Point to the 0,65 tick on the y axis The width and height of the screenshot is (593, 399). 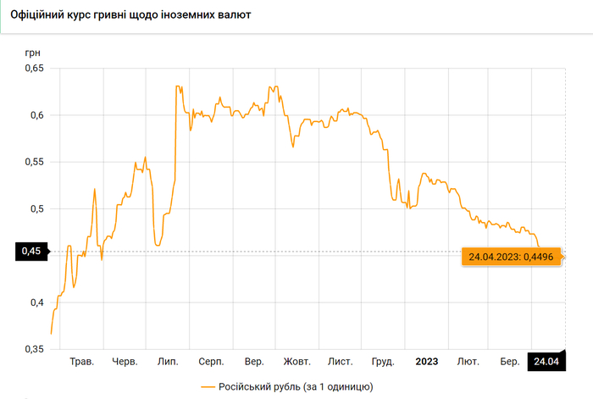coord(33,68)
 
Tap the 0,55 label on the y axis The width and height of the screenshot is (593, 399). coord(33,162)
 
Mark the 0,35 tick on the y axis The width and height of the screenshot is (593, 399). coord(33,349)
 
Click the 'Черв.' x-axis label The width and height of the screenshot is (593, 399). coord(125,363)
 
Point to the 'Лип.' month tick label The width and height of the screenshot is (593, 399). coord(167,363)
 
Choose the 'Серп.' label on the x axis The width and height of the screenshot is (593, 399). coord(211,363)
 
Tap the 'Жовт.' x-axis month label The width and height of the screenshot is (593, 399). coord(296,363)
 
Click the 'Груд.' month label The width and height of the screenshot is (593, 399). coord(383,363)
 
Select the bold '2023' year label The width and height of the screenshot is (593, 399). coord(426,363)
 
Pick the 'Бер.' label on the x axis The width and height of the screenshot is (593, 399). coord(510,363)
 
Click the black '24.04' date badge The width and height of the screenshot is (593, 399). coord(546,363)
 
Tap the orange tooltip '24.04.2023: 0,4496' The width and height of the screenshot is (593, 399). coord(512,257)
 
